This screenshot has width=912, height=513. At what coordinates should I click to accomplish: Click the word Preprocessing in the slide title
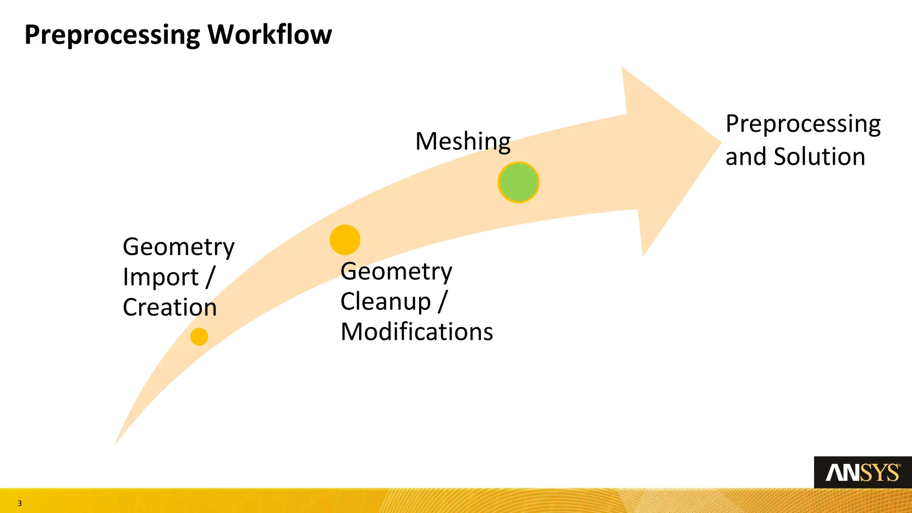[112, 35]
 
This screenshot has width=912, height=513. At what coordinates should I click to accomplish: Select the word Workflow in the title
[270, 34]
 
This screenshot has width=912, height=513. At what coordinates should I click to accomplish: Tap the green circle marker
[518, 183]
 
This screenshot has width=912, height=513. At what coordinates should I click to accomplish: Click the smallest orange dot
[199, 337]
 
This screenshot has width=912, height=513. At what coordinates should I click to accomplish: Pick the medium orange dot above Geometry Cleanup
[345, 240]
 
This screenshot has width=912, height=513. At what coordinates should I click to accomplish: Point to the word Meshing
[463, 142]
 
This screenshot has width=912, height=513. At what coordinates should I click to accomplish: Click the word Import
[160, 277]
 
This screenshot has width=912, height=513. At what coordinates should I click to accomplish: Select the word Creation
[170, 308]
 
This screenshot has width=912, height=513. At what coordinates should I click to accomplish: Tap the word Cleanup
[386, 302]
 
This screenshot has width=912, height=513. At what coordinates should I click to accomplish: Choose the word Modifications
[417, 332]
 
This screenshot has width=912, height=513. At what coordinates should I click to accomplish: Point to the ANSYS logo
[863, 472]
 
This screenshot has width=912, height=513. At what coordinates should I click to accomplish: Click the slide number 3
[20, 504]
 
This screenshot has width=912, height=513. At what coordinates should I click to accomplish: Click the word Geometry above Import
[179, 248]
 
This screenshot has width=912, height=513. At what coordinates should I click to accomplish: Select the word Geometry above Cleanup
[396, 272]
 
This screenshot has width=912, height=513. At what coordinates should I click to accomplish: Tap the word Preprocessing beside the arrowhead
[803, 124]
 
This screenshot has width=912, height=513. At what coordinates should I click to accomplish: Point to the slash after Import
[211, 277]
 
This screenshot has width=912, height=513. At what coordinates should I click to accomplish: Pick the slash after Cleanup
[443, 301]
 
